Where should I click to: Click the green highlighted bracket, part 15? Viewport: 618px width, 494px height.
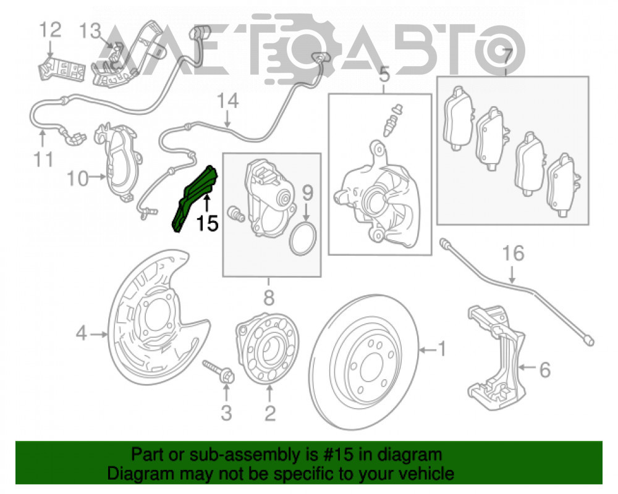pyautogui.click(x=195, y=197)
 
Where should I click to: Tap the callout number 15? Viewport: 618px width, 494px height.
pyautogui.click(x=207, y=224)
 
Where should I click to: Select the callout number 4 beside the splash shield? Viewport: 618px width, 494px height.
pyautogui.click(x=81, y=334)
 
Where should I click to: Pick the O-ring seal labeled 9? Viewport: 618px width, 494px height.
pyautogui.click(x=303, y=238)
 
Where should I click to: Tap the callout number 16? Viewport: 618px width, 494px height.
pyautogui.click(x=513, y=253)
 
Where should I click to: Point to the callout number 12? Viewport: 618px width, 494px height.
pyautogui.click(x=51, y=30)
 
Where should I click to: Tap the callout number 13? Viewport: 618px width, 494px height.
pyautogui.click(x=90, y=31)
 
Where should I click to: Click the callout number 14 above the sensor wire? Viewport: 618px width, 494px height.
pyautogui.click(x=228, y=101)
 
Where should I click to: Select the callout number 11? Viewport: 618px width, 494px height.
pyautogui.click(x=43, y=159)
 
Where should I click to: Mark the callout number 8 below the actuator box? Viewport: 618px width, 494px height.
pyautogui.click(x=269, y=298)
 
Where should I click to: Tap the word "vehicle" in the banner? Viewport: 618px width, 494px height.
pyautogui.click(x=428, y=473)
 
